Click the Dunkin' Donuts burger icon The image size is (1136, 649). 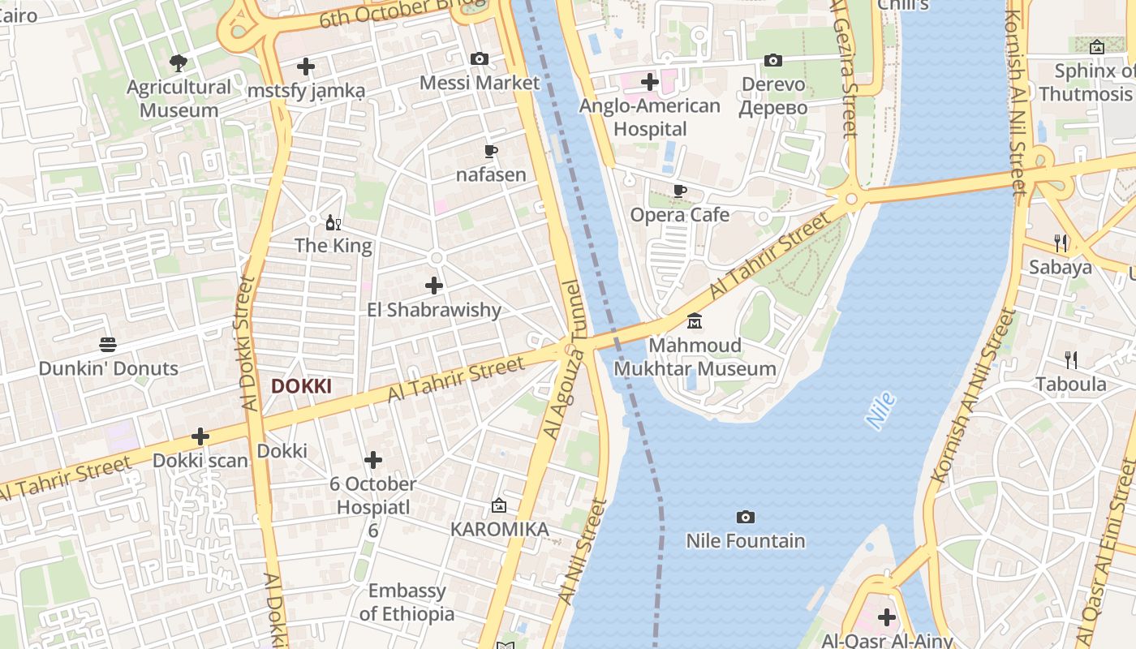click(x=108, y=345)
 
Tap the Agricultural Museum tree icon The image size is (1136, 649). click(x=178, y=62)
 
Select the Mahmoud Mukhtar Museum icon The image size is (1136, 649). click(x=695, y=322)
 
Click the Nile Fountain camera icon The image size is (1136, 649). click(x=745, y=517)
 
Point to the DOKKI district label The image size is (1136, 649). click(x=301, y=386)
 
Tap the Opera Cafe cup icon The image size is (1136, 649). click(x=679, y=191)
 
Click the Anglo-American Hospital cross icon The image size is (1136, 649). click(x=649, y=82)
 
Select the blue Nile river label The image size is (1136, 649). click(x=880, y=410)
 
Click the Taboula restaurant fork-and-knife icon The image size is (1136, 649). click(x=1071, y=360)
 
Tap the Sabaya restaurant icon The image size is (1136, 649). click(x=1060, y=243)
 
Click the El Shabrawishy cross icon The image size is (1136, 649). click(x=434, y=286)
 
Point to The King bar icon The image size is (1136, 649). click(x=333, y=222)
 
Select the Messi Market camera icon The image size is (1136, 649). click(x=480, y=59)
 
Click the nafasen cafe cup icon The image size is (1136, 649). click(x=490, y=151)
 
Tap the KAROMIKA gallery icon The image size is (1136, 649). click(x=499, y=505)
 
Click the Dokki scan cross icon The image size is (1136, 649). click(x=200, y=436)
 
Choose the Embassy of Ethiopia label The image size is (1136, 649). click(x=407, y=602)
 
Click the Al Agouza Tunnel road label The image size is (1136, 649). click(x=563, y=359)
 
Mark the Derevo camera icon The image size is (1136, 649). click(x=773, y=61)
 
